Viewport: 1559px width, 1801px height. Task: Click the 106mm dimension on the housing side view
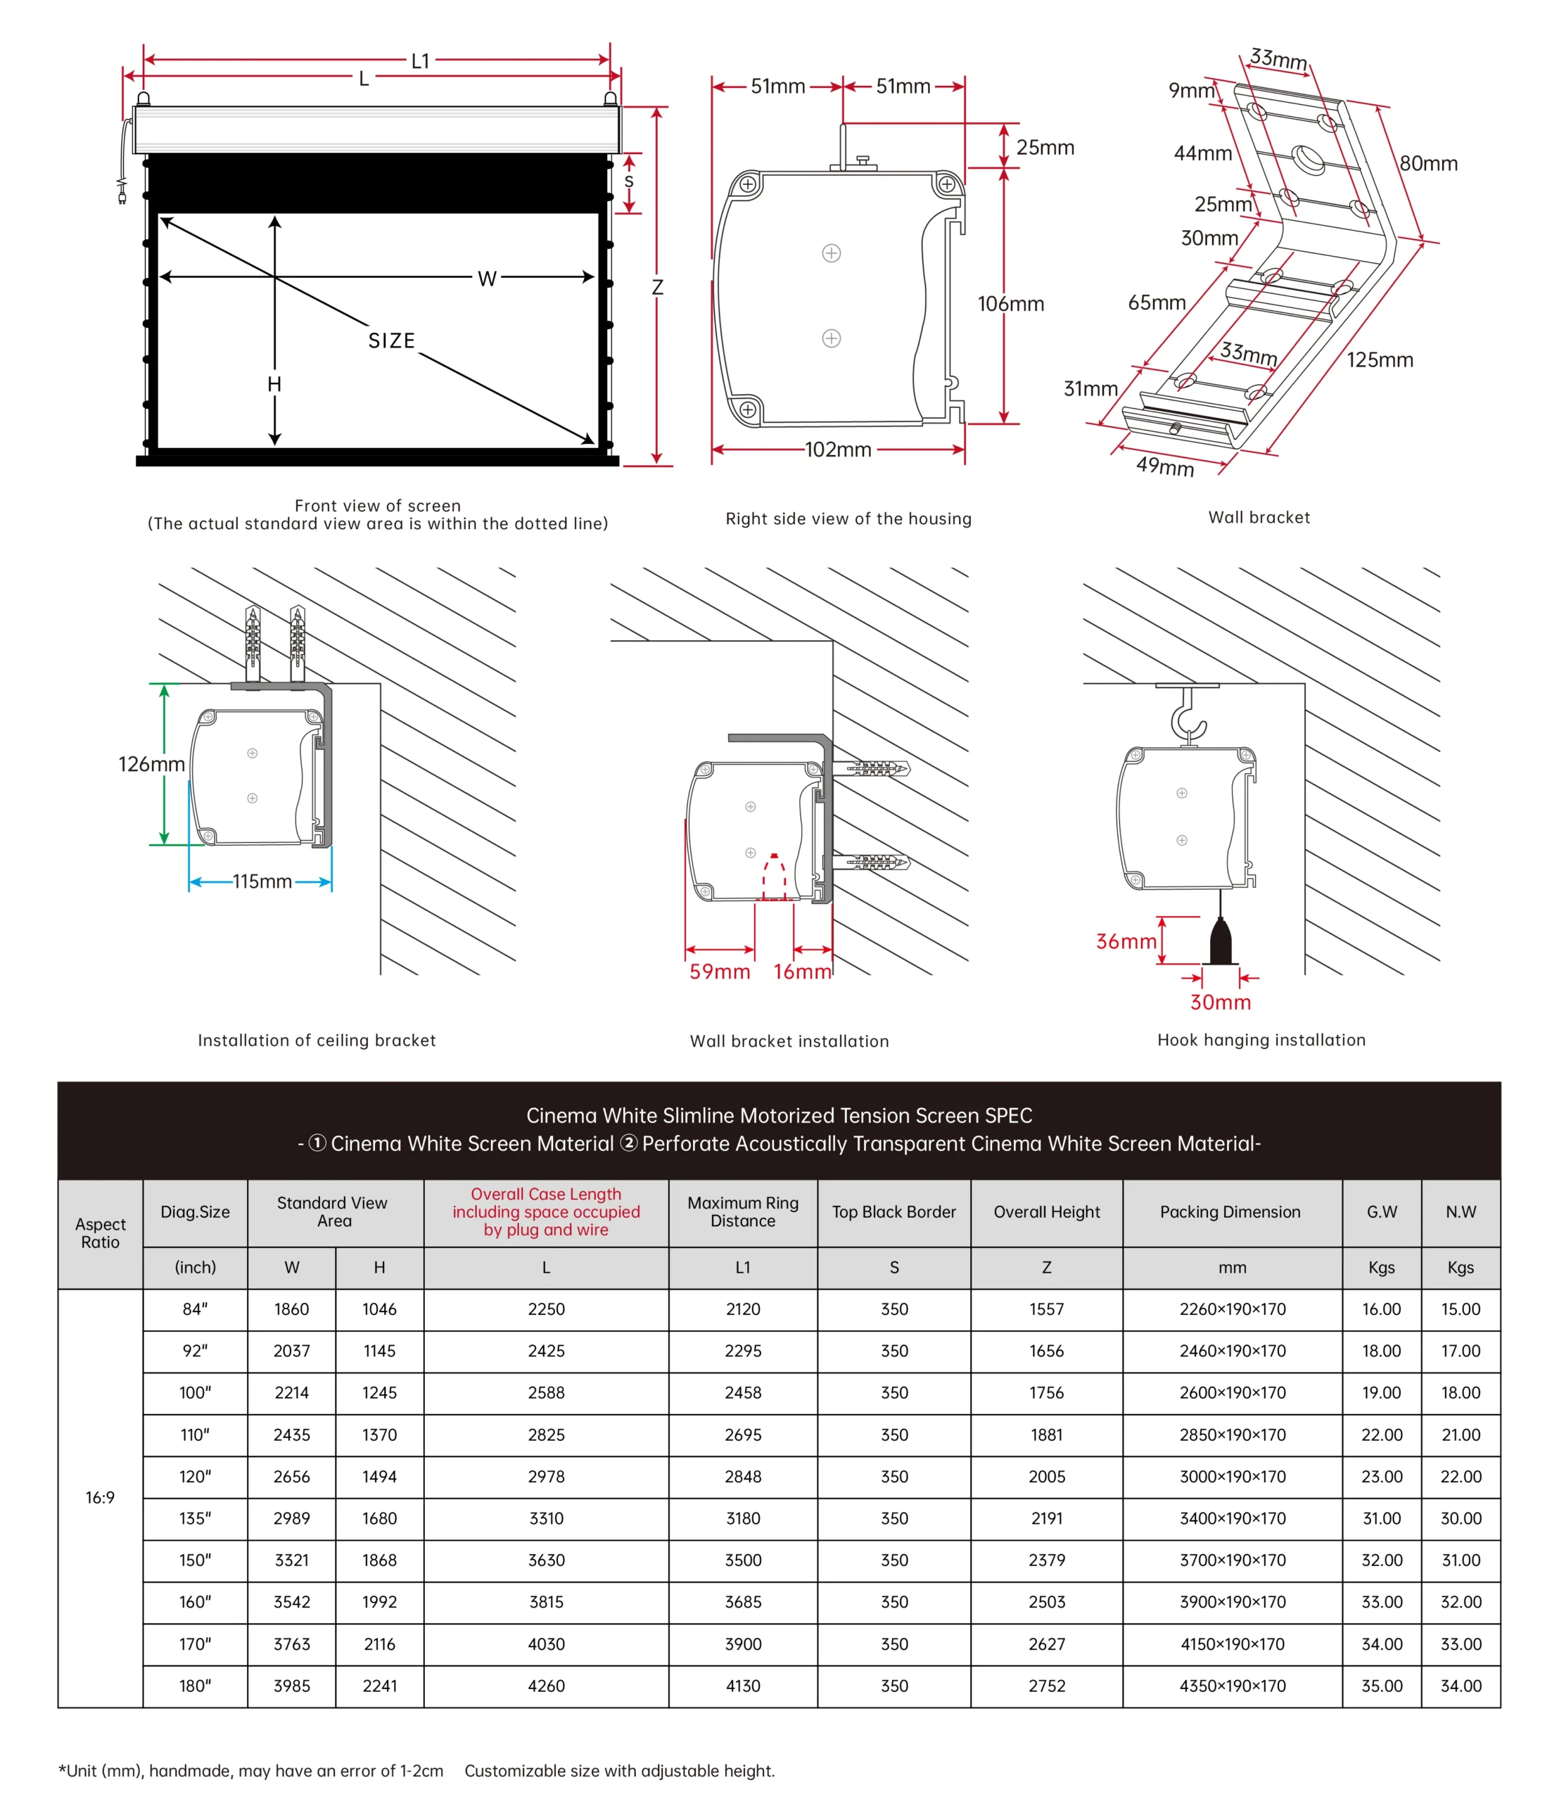[x=1010, y=304]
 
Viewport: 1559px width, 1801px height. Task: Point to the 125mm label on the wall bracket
[x=1380, y=359]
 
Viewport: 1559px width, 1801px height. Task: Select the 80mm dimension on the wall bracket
[x=1429, y=164]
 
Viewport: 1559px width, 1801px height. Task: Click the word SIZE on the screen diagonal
[x=391, y=341]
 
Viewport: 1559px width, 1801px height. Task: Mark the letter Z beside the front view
[x=658, y=287]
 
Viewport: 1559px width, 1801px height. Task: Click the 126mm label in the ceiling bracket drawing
[x=151, y=764]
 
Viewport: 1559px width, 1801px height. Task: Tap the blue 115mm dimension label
[x=262, y=882]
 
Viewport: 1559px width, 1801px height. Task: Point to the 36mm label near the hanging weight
[x=1126, y=941]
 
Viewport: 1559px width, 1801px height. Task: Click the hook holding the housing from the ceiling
[x=1188, y=718]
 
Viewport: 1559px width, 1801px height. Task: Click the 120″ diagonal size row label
[x=195, y=1477]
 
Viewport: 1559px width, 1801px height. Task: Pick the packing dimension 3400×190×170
[x=1232, y=1518]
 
